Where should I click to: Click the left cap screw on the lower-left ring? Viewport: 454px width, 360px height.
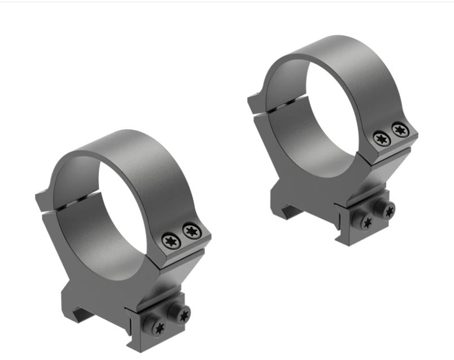170,240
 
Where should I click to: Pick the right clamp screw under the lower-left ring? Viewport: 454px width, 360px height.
182,314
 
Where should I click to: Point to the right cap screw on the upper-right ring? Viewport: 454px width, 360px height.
400,130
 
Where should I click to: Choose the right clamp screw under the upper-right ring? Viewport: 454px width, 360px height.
387,210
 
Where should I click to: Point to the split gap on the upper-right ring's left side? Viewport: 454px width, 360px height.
285,103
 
